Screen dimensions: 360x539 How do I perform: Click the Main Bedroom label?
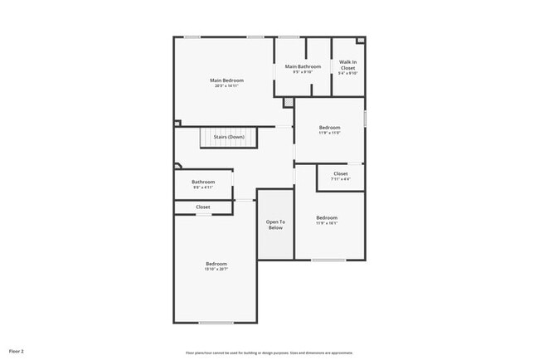click(x=226, y=80)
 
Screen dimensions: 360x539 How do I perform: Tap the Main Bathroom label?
click(x=303, y=66)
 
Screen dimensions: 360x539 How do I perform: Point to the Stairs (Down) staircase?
click(x=229, y=137)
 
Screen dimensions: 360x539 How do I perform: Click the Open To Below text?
click(x=275, y=224)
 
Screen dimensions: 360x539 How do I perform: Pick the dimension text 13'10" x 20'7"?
click(x=216, y=269)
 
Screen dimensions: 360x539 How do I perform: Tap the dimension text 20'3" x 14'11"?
click(x=226, y=85)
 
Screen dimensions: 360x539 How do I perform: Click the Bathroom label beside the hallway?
click(x=203, y=182)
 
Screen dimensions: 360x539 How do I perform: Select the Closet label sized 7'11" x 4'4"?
click(x=341, y=173)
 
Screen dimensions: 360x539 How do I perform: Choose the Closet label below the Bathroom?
click(x=203, y=207)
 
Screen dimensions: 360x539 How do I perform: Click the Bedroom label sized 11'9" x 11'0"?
click(x=330, y=127)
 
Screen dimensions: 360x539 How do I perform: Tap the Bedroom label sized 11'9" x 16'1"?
click(x=326, y=217)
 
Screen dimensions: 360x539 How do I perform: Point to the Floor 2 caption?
click(x=17, y=351)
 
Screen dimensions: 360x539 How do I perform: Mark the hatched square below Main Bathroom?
click(x=288, y=102)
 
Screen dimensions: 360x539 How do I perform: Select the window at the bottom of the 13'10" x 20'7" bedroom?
click(x=216, y=322)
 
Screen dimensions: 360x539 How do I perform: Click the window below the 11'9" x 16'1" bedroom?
click(x=328, y=260)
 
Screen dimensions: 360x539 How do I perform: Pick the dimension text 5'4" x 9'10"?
click(x=348, y=73)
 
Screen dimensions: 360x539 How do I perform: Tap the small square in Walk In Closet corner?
click(x=359, y=40)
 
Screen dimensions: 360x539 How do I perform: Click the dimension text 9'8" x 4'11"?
click(x=203, y=187)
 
